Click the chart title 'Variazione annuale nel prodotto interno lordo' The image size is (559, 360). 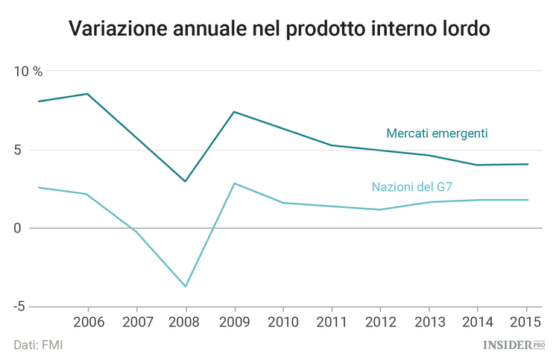[x=279, y=29]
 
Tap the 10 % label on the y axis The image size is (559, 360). [x=28, y=72]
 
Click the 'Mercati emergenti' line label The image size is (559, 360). [x=437, y=133]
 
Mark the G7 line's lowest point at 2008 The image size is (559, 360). [x=186, y=286]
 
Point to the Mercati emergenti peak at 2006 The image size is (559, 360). [x=88, y=94]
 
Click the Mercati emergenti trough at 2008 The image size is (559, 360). [x=186, y=181]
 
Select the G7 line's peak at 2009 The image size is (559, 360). [x=235, y=183]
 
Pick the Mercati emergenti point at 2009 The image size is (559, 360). [x=235, y=112]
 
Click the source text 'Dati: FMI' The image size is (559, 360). [x=37, y=344]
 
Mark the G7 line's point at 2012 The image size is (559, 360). [x=380, y=209]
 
